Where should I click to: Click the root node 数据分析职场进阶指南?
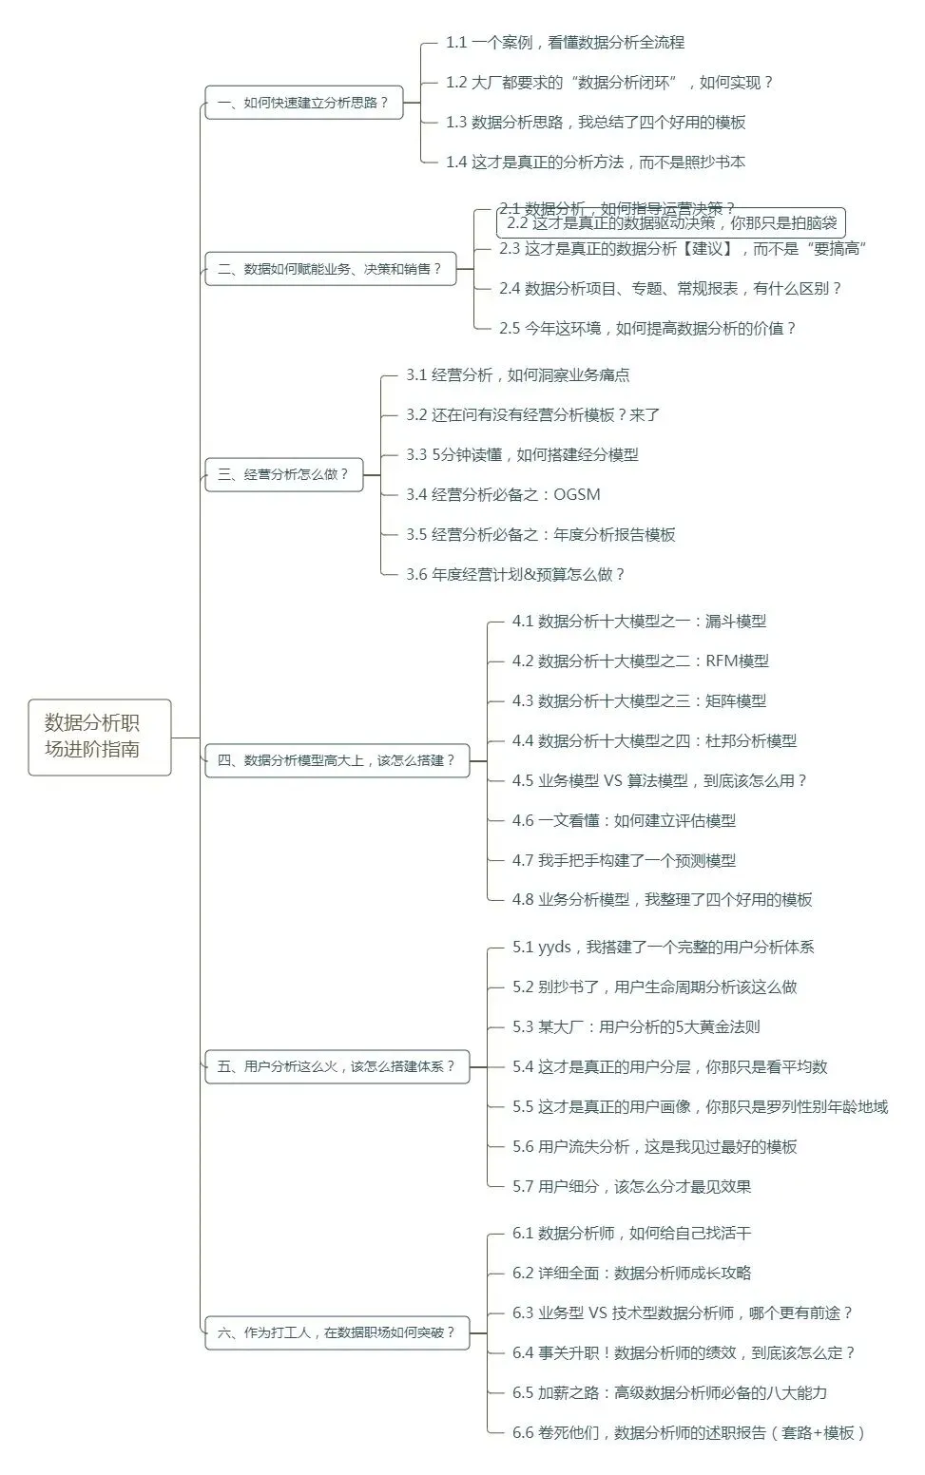pos(99,737)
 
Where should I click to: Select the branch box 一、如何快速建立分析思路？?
pos(303,103)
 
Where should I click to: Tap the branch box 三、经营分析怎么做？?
pos(283,474)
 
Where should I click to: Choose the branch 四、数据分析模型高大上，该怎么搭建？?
pos(337,760)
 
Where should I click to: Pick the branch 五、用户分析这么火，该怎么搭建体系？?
pos(337,1066)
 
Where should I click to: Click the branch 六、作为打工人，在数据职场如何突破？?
pos(337,1332)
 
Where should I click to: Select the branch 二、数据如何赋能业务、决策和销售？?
pos(330,269)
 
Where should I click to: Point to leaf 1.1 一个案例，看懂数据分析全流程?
pos(565,43)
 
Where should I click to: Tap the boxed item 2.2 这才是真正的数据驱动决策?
pos(671,223)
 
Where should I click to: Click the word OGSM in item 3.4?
pos(577,495)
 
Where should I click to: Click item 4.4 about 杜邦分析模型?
pos(654,741)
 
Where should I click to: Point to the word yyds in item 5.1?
pos(554,948)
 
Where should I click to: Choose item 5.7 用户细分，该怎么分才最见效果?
pos(631,1187)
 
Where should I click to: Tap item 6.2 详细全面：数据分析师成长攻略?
pos(631,1274)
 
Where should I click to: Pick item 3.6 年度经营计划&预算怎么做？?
pos(515,575)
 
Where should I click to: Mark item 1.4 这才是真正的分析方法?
pos(595,163)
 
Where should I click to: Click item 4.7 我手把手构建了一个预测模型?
pos(624,861)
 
